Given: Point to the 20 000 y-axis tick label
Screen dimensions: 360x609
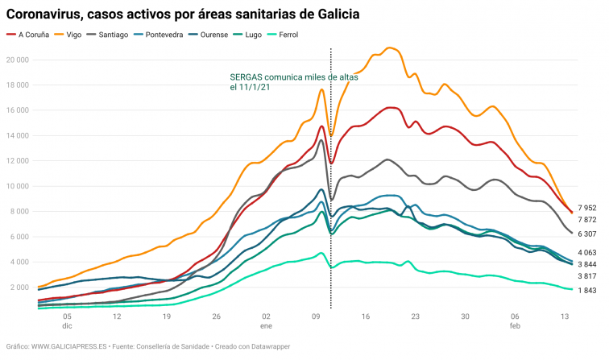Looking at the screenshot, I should (x=18, y=60).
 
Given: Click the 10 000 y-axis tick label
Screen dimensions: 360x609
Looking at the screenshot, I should (x=18, y=186).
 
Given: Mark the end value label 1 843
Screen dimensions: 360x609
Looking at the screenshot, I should (x=586, y=291).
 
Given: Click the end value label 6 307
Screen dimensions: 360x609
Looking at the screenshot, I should (x=586, y=234).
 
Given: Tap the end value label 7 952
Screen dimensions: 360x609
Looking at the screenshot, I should (x=586, y=208).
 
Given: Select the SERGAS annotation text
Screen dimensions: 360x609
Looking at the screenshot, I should (x=293, y=83).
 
